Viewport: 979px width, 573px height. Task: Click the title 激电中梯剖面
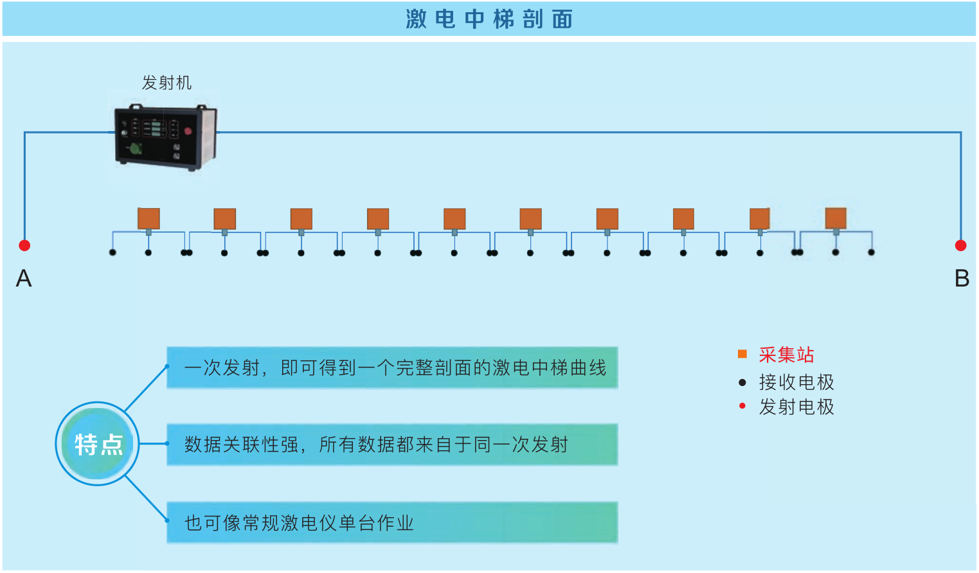pyautogui.click(x=489, y=19)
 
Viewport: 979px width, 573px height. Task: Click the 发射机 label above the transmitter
pyautogui.click(x=166, y=83)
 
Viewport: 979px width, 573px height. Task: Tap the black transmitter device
pyautogui.click(x=165, y=136)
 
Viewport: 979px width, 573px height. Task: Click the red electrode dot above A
pyautogui.click(x=24, y=245)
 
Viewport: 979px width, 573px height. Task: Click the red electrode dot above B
pyautogui.click(x=961, y=245)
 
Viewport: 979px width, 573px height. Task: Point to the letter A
pyautogui.click(x=24, y=279)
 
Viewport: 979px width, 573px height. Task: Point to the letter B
pyautogui.click(x=962, y=279)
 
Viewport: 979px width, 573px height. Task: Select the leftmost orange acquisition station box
pyautogui.click(x=148, y=218)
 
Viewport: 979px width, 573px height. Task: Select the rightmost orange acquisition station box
pyautogui.click(x=836, y=218)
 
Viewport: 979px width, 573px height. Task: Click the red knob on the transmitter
pyautogui.click(x=188, y=131)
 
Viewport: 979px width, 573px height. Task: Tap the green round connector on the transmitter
pyautogui.click(x=136, y=149)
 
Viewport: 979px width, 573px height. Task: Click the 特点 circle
pyautogui.click(x=98, y=444)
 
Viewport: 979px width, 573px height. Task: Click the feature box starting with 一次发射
pyautogui.click(x=392, y=367)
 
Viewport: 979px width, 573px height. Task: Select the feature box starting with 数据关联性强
pyautogui.click(x=392, y=445)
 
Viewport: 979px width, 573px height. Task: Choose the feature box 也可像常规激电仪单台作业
pyautogui.click(x=392, y=523)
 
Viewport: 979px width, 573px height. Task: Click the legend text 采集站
pyautogui.click(x=786, y=355)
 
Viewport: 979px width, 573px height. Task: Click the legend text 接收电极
pyautogui.click(x=796, y=382)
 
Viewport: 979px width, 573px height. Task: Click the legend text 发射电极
pyautogui.click(x=796, y=407)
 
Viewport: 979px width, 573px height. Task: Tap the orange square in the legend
pyautogui.click(x=742, y=354)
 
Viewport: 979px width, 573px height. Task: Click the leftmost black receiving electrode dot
pyautogui.click(x=112, y=252)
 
